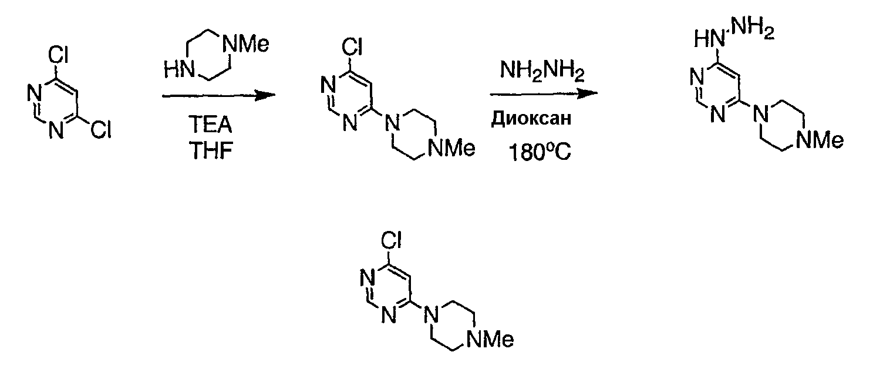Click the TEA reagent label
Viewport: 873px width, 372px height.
(x=210, y=125)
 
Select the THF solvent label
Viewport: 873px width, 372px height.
(x=211, y=150)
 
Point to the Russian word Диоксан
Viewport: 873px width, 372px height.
(x=531, y=118)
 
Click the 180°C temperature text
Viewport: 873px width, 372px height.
(x=540, y=152)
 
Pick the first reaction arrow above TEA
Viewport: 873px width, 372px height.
(x=218, y=95)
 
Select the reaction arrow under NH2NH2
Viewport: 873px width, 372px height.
(x=544, y=93)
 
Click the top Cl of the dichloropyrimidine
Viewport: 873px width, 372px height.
(x=58, y=55)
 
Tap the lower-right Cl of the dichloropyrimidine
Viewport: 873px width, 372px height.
(x=101, y=129)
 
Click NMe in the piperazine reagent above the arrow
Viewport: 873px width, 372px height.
(x=245, y=44)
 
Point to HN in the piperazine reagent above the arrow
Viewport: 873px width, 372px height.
(x=179, y=70)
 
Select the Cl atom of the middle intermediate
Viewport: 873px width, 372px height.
(x=352, y=47)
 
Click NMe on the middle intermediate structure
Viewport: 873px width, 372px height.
(x=451, y=149)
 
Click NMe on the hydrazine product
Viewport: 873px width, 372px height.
(x=820, y=140)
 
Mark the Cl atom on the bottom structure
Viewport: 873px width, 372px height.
(x=391, y=240)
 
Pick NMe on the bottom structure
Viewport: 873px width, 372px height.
(x=490, y=340)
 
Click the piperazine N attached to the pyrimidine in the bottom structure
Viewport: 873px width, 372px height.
(x=431, y=313)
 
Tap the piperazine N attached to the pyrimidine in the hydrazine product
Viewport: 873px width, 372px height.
(x=760, y=114)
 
